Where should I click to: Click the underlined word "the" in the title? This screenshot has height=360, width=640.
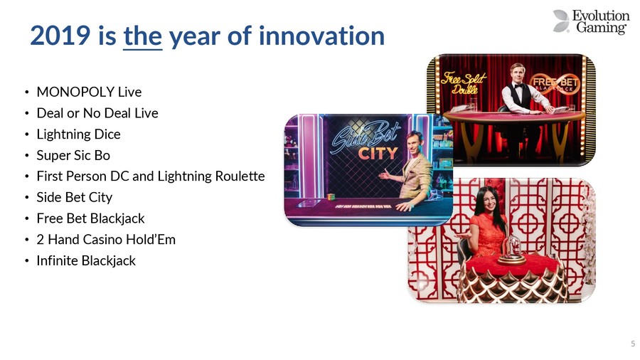[143, 36]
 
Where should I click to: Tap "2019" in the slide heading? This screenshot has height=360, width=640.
[60, 36]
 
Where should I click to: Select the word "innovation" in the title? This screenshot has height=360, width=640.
[321, 36]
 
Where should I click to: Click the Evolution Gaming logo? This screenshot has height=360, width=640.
[591, 21]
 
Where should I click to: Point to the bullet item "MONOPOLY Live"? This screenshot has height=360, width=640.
[89, 92]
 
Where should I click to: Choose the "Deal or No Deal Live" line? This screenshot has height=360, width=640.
[97, 113]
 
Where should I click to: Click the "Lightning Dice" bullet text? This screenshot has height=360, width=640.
[78, 134]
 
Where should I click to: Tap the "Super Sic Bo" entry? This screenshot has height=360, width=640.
[73, 155]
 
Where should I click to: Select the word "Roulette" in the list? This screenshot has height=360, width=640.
[240, 176]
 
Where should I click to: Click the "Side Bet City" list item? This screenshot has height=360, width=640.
[74, 197]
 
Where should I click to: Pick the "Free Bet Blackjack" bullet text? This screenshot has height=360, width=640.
[90, 218]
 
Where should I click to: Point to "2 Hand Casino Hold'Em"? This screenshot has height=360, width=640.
[106, 240]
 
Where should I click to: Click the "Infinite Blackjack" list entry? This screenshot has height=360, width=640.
[86, 260]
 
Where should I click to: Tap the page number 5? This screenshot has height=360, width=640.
[633, 344]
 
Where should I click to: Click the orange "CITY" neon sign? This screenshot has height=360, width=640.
[378, 154]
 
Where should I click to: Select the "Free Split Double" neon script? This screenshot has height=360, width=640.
[463, 83]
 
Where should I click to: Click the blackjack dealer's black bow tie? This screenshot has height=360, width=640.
[518, 85]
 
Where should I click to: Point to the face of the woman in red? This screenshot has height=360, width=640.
[484, 201]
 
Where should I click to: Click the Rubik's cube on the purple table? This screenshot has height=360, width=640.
[331, 197]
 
